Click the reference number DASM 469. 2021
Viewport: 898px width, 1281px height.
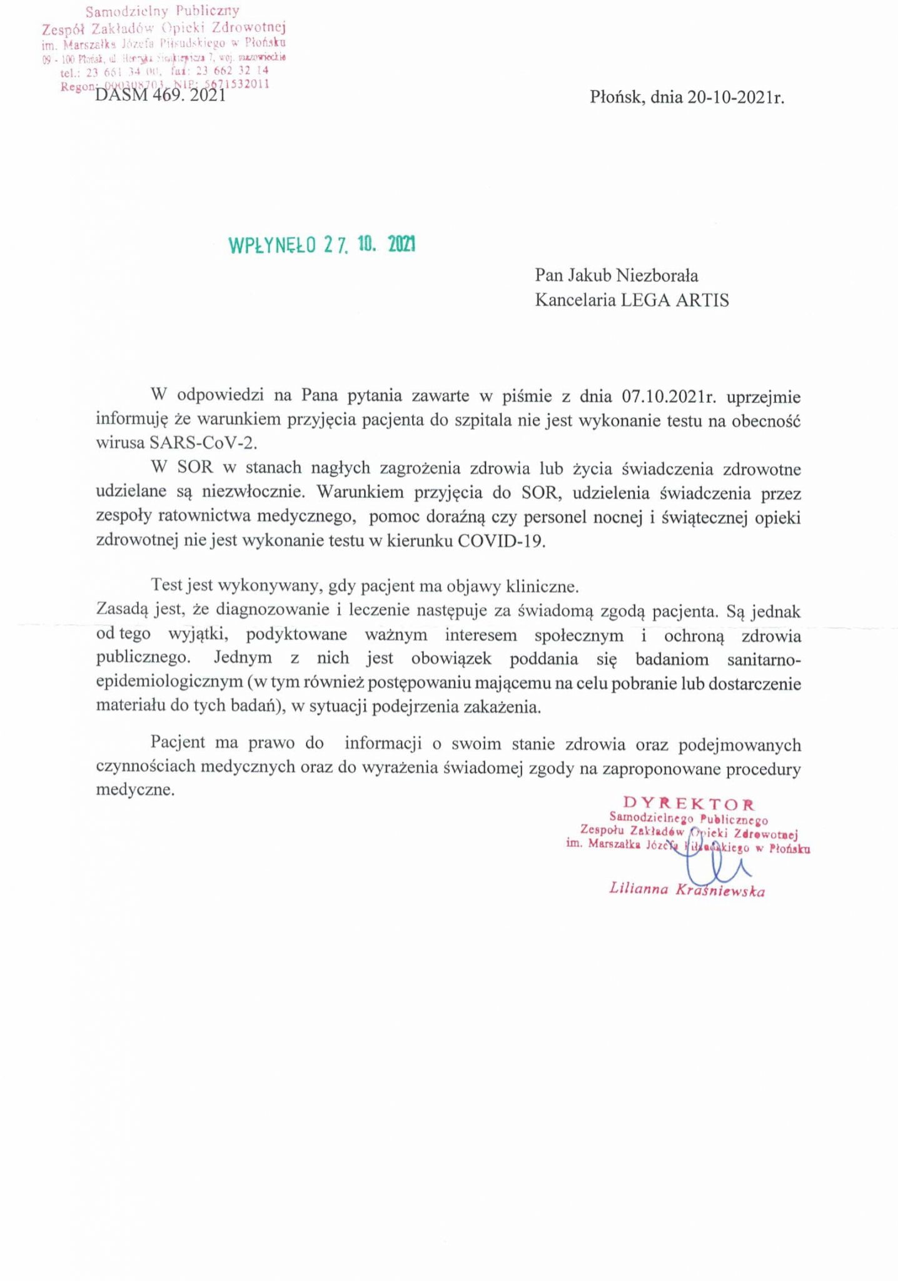(x=160, y=96)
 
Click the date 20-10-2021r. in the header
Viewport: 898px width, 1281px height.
(x=735, y=98)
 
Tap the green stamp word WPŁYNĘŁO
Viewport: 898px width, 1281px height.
(x=273, y=246)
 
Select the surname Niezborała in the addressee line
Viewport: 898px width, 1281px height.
(x=657, y=275)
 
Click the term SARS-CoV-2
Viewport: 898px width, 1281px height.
(x=203, y=443)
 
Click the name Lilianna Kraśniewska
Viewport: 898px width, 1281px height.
(x=687, y=890)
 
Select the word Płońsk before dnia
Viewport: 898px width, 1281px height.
(x=617, y=98)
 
